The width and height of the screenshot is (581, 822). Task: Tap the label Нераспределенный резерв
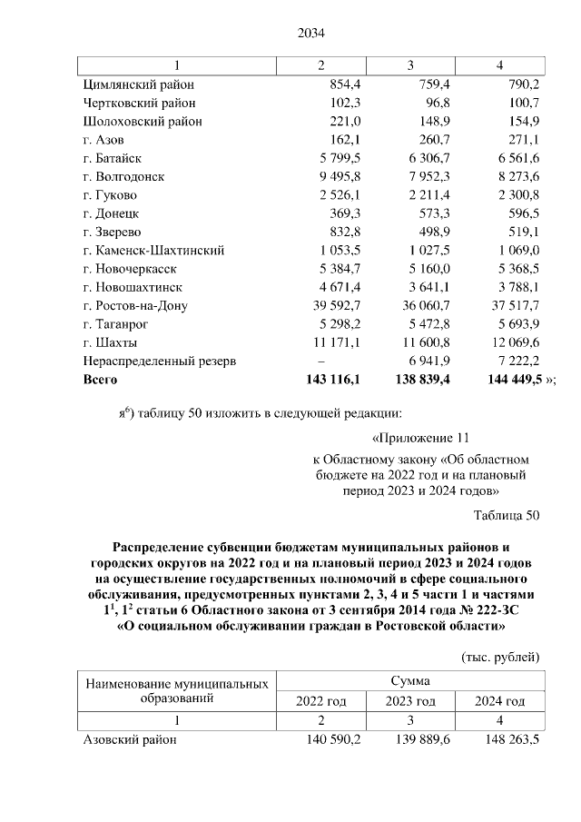coord(159,361)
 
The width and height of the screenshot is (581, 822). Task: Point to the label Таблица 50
coord(507,516)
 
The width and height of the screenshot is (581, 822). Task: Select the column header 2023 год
coord(410,701)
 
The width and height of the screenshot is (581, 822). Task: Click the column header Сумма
coord(410,680)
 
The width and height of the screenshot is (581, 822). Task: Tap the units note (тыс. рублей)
coord(500,656)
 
